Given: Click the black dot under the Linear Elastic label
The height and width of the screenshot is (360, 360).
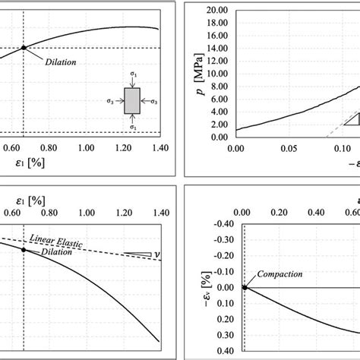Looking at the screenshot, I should point(24,251).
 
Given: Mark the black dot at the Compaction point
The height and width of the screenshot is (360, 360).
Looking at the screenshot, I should point(245,287).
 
